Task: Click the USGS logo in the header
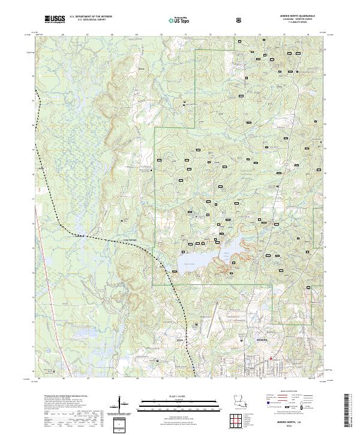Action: coord(55,19)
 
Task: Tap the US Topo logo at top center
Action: coord(179,19)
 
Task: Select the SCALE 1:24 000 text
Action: coord(179,394)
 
